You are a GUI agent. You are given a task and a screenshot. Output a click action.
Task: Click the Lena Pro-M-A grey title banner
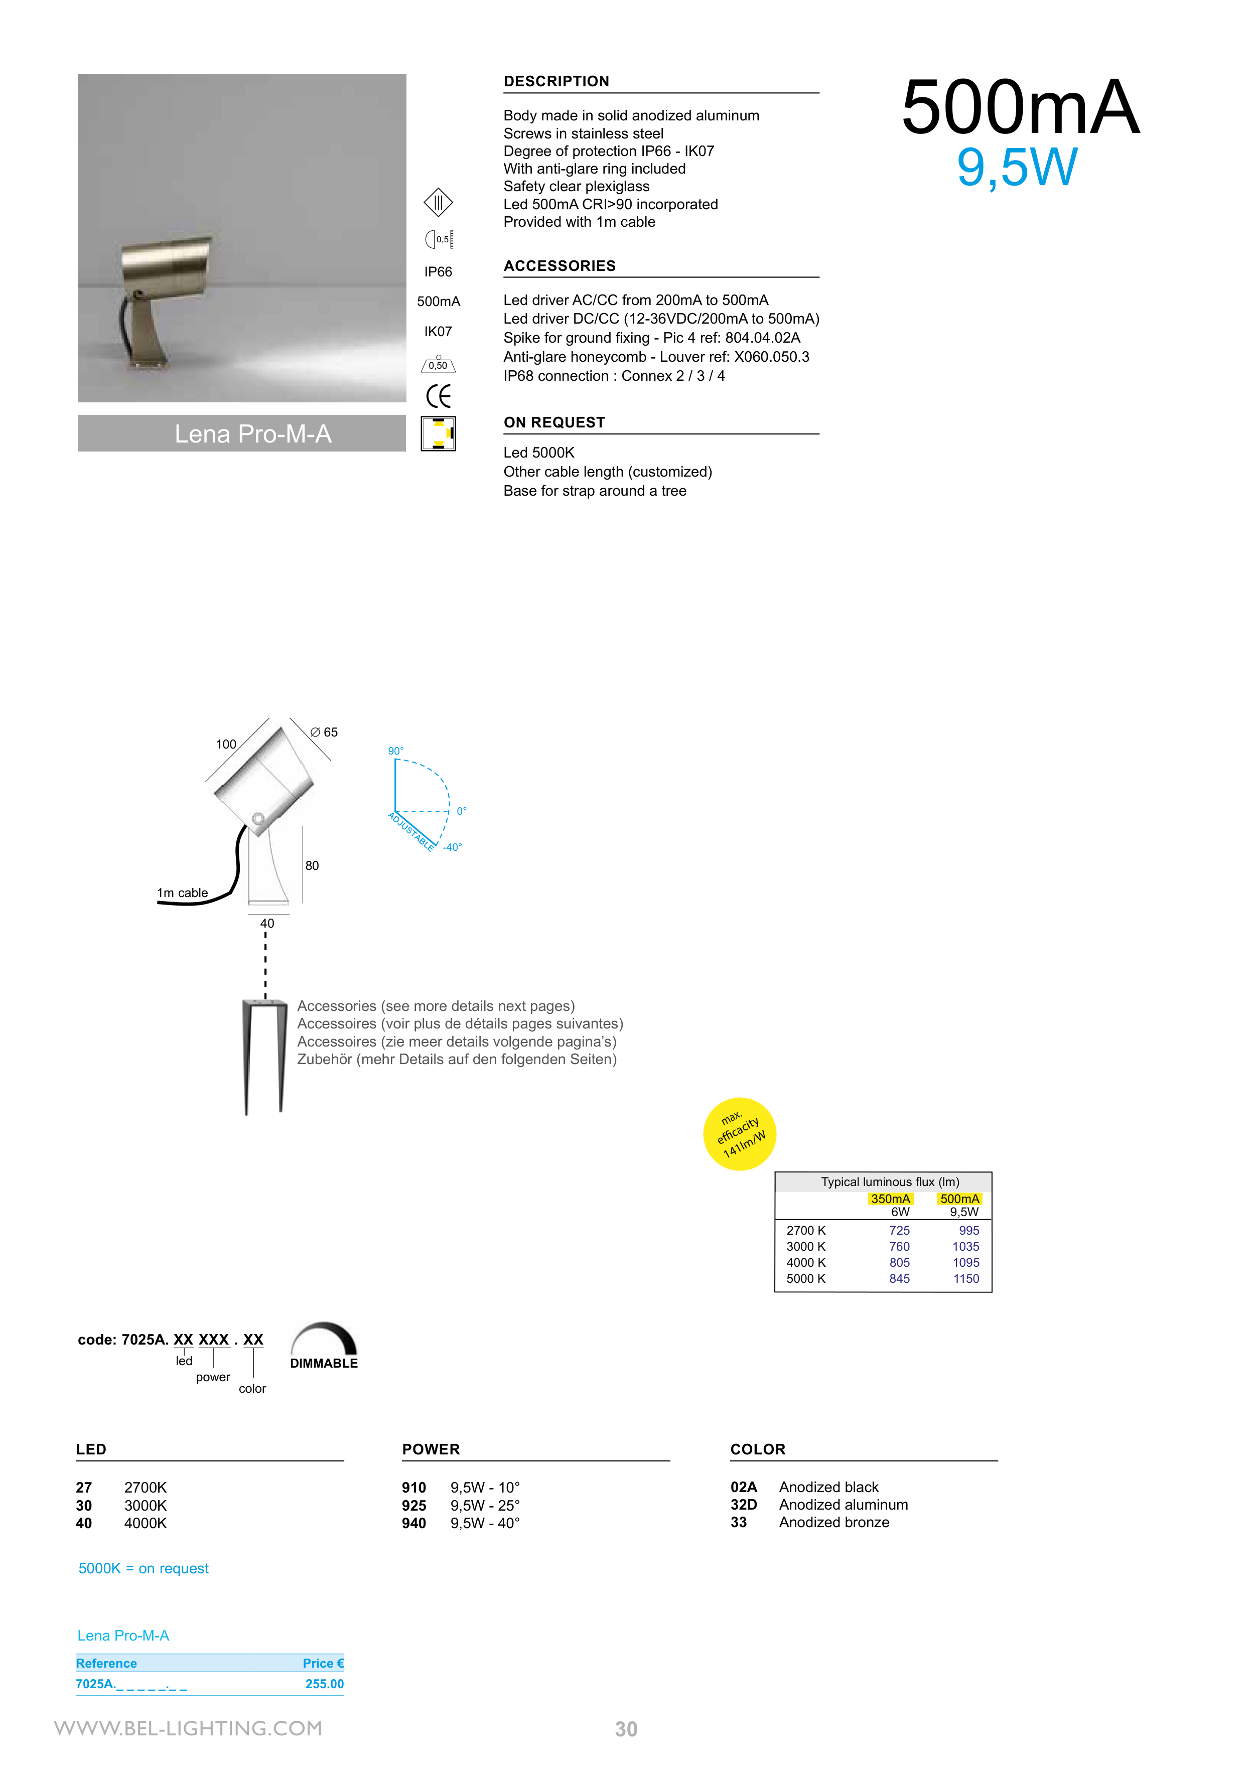242,434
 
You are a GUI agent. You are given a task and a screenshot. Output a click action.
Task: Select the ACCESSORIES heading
560,266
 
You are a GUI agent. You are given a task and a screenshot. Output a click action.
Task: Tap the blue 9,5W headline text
1016,168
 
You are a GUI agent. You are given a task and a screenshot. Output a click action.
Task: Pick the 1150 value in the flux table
966,1279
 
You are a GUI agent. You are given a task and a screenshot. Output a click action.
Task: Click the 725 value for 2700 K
899,1230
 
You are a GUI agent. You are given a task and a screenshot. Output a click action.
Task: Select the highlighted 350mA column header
890,1199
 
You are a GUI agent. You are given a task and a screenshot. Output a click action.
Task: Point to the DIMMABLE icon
324,1346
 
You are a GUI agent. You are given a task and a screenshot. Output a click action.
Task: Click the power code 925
414,1506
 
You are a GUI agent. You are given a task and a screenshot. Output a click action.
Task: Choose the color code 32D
744,1505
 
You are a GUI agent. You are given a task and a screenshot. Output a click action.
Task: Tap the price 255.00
324,1684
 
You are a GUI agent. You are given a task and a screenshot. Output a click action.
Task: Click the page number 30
626,1729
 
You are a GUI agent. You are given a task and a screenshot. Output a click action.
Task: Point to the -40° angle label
453,847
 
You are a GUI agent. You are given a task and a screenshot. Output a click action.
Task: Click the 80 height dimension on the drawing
312,866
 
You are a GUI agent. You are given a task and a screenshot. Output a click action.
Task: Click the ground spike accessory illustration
264,1056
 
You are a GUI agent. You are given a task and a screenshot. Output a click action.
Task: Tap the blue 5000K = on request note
144,1568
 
